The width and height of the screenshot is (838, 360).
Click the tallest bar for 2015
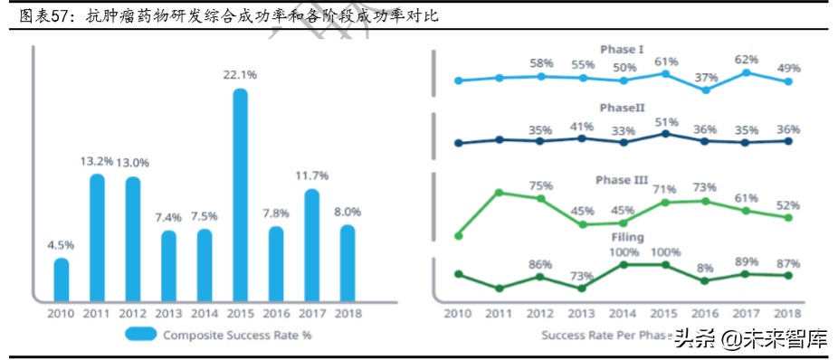coord(240,194)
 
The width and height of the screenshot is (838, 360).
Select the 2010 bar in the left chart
coord(61,279)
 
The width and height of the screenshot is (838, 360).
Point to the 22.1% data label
coord(240,74)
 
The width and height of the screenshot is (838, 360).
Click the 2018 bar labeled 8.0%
coord(348,262)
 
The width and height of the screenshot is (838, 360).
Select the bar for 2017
coord(312,244)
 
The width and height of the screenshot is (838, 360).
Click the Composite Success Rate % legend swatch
coord(140,334)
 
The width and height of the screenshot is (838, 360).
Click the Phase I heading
coord(622,49)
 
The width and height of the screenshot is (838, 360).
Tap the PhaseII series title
coord(622,107)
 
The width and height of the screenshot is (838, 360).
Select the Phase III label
coord(622,180)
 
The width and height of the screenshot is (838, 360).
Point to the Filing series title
coord(622,237)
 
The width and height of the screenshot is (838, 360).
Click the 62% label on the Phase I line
coord(748,58)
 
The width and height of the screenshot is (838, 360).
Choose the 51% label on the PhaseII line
coord(666,122)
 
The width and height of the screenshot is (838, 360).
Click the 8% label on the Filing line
coord(707,267)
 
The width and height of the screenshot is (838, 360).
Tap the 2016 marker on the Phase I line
coord(707,90)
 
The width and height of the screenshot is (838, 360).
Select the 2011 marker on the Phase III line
coord(500,192)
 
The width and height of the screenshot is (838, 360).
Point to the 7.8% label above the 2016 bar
coord(276,213)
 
